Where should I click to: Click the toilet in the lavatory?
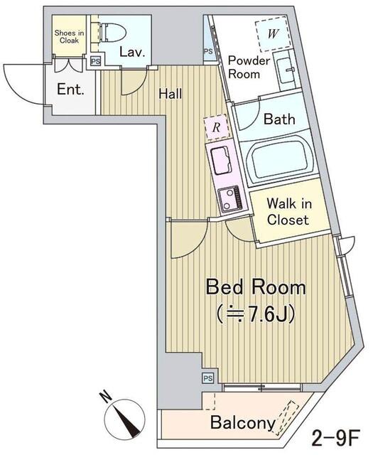click(x=113, y=31)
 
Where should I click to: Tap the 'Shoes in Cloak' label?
click(x=69, y=37)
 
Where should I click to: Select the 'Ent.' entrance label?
click(x=70, y=89)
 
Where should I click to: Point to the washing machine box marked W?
click(x=273, y=33)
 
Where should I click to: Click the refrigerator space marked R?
click(x=217, y=127)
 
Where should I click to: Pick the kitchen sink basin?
click(x=221, y=160)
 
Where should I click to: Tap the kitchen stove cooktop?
click(x=230, y=198)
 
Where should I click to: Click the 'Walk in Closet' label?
click(x=289, y=212)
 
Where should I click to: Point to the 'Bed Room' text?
click(x=256, y=287)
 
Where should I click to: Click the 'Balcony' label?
click(x=243, y=422)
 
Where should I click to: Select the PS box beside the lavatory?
click(x=95, y=62)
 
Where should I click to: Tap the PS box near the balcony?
click(x=207, y=378)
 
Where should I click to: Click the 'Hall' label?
click(x=171, y=93)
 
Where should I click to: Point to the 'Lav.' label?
click(x=132, y=52)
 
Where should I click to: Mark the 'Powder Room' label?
click(x=249, y=67)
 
